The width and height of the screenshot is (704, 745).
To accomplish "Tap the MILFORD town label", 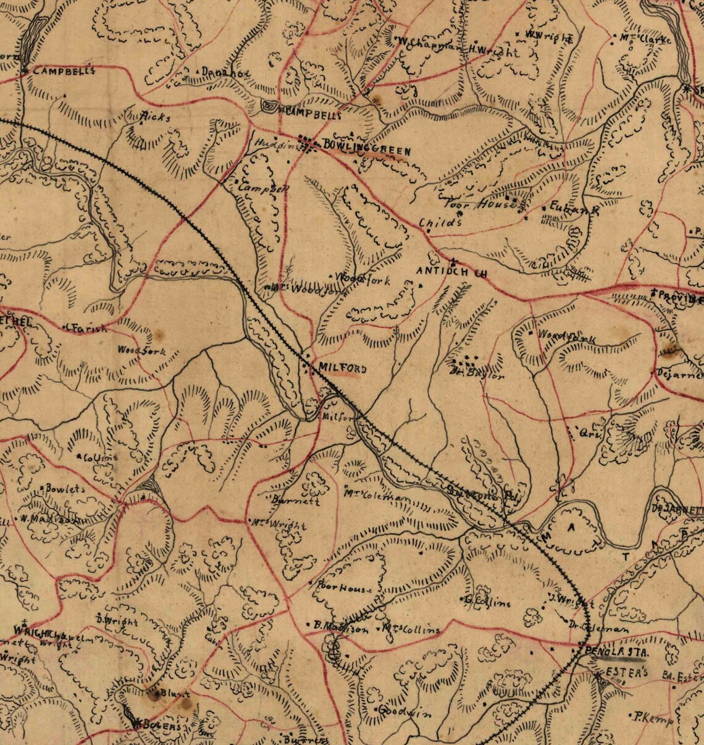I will (342, 369).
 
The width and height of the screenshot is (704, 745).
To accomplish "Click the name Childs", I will (440, 223).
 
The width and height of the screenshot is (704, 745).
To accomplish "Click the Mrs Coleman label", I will (377, 495).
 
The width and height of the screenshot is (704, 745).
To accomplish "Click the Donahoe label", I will (225, 73).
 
